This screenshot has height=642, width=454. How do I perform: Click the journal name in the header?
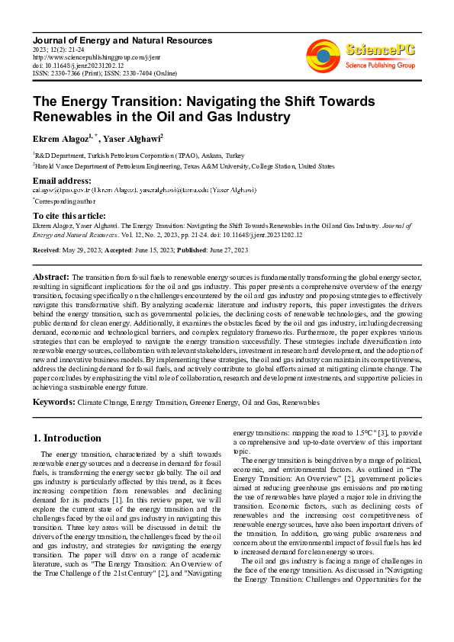coord(110,38)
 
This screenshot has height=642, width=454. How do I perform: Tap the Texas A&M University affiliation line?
coord(185,165)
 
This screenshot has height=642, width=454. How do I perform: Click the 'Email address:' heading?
coord(60,181)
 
